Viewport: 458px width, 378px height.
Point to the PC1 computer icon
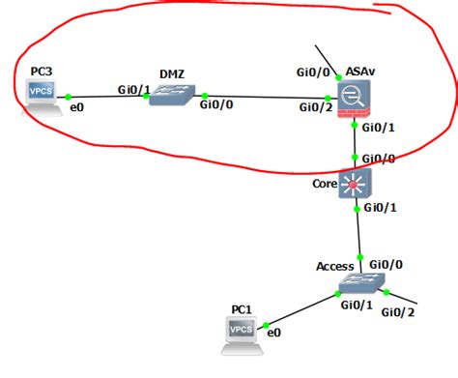point(241,331)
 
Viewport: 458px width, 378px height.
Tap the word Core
point(325,183)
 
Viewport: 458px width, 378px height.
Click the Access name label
point(334,266)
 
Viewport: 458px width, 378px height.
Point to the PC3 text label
point(42,71)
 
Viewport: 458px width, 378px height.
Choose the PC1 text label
point(242,309)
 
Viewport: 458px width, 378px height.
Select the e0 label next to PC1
point(273,333)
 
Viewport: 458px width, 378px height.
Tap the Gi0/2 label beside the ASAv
point(313,106)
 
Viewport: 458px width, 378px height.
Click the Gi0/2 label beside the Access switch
point(397,311)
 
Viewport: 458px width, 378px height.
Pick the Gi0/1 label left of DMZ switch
point(132,89)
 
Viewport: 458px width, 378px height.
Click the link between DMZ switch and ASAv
point(261,98)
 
